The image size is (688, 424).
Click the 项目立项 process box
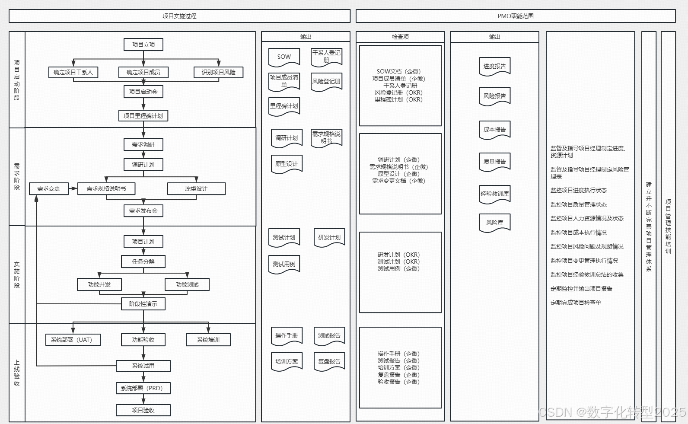(x=143, y=45)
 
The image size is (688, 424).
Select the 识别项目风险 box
(x=219, y=72)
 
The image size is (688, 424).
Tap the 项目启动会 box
(x=143, y=92)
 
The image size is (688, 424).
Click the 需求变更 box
(x=48, y=188)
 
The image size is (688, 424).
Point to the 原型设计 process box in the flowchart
(x=196, y=188)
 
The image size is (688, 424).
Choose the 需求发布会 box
(x=143, y=210)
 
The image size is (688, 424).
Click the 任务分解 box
(x=143, y=261)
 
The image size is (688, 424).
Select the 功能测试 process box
(x=187, y=284)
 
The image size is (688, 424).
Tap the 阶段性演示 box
(x=143, y=304)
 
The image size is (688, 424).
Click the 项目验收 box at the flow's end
(x=143, y=410)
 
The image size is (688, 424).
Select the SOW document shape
(x=284, y=57)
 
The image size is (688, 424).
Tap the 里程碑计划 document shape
(x=284, y=106)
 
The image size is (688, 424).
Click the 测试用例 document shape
(x=284, y=264)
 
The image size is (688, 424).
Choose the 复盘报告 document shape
(x=329, y=362)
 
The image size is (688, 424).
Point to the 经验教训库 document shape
(x=495, y=194)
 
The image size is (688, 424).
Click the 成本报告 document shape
(x=495, y=130)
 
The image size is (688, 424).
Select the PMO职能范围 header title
(x=516, y=16)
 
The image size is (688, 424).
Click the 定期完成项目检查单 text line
(x=576, y=303)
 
